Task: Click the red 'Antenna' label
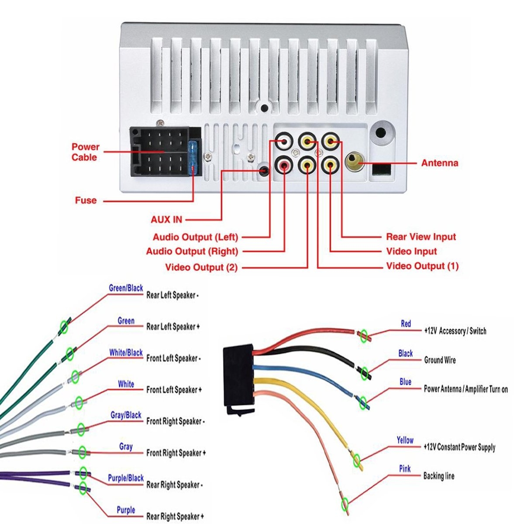point(439,163)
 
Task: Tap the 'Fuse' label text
point(86,201)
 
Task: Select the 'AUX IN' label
point(166,220)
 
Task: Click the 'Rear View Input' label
point(421,237)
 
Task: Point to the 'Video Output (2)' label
point(201,267)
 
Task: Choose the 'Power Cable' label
point(85,152)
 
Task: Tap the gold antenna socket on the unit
point(353,162)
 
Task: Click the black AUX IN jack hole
point(263,171)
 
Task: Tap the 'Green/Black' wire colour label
point(126,288)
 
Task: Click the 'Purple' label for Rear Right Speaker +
point(126,510)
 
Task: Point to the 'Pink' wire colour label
point(405,469)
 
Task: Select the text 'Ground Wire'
point(440,360)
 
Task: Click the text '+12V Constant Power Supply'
point(459,447)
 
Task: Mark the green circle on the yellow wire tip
point(357,459)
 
